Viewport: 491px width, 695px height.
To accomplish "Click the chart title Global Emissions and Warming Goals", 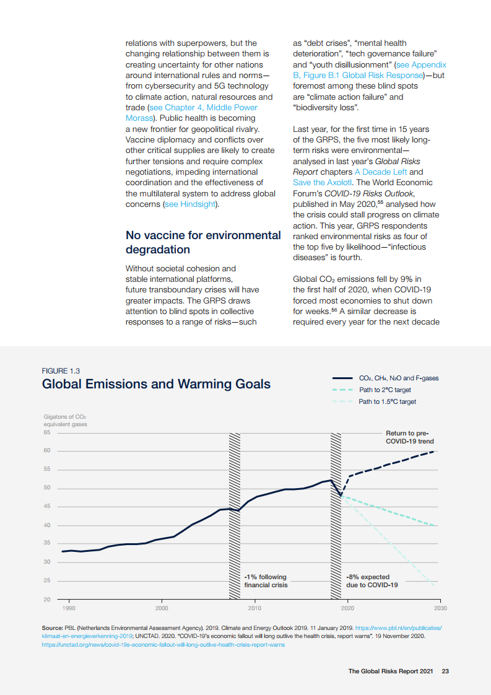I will pos(156,384).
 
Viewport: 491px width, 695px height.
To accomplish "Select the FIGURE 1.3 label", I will pos(60,370).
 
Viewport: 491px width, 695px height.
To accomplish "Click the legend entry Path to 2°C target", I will pos(385,390).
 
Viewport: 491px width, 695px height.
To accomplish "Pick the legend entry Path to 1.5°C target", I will pos(387,402).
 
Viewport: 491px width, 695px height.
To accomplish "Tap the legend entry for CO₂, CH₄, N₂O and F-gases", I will pos(399,378).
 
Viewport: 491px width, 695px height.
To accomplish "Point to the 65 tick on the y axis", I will pos(47,432).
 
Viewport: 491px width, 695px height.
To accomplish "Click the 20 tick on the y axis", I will pos(47,600).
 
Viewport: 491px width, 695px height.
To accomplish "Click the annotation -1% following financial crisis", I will pos(266,581).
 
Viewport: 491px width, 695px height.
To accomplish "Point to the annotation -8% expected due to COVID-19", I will pos(372,581).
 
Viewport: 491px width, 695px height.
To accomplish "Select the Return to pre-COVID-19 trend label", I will pos(409,437).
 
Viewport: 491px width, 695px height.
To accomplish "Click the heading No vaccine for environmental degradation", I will pos(203,242).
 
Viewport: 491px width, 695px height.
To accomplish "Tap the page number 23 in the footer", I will pos(445,671).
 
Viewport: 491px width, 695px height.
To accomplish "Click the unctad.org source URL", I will pos(163,644).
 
